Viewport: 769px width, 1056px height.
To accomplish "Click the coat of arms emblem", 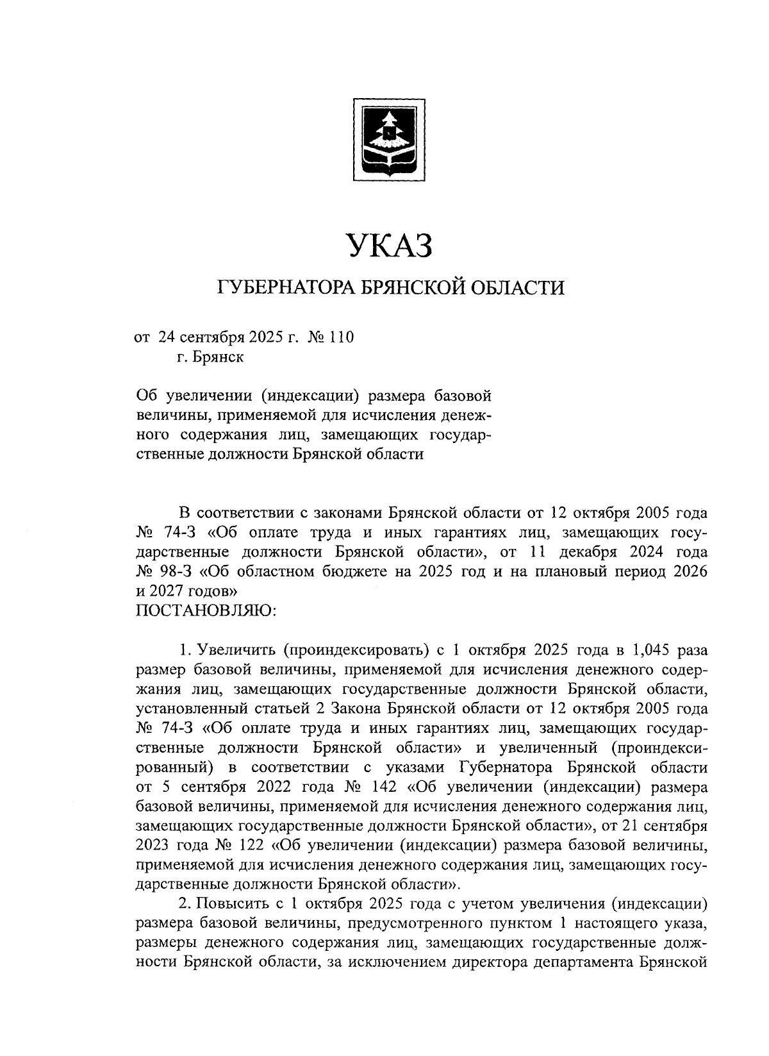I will [390, 137].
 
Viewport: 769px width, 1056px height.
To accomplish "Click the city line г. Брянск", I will [211, 357].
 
